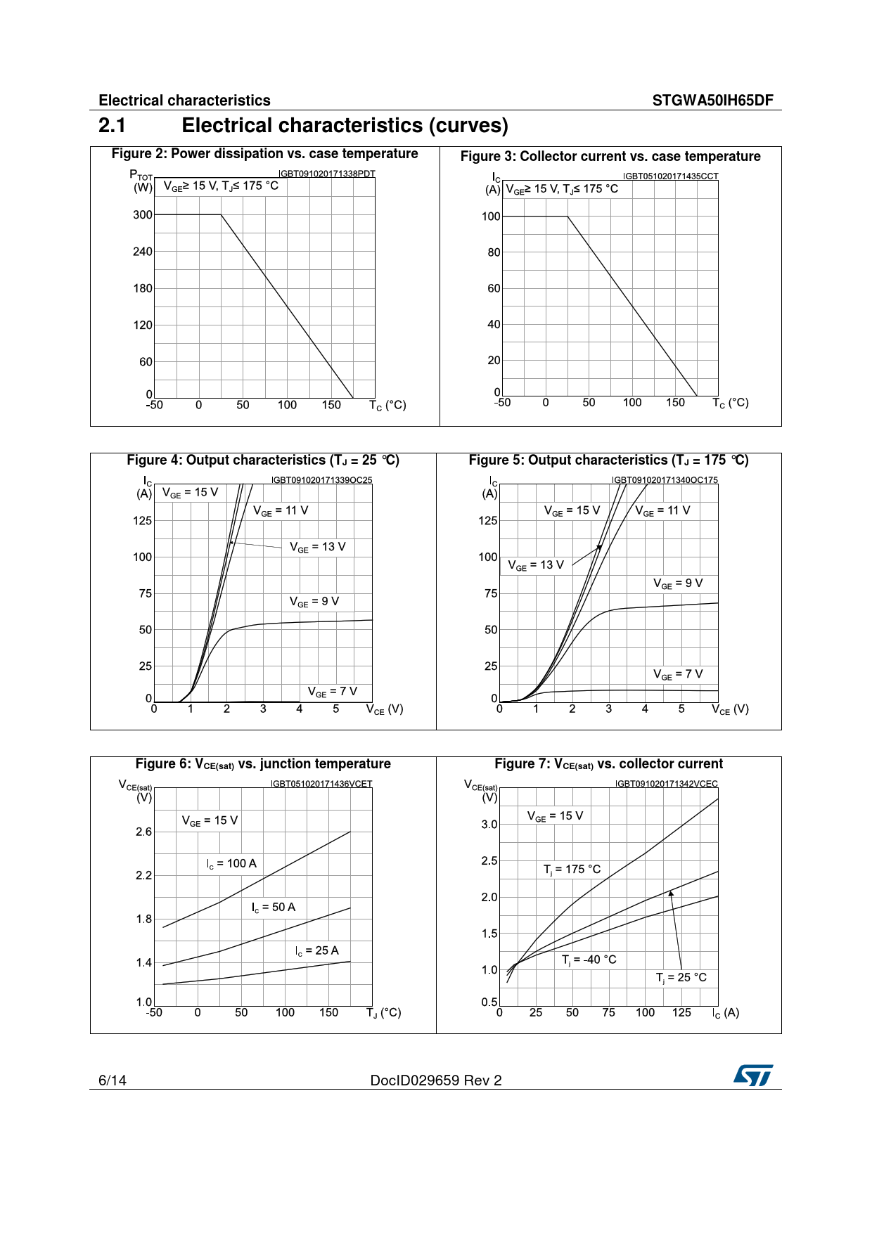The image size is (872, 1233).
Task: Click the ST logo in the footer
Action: coord(753,1075)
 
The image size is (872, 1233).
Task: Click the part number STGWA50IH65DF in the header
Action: coord(712,101)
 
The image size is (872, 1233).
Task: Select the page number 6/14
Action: coord(113,1080)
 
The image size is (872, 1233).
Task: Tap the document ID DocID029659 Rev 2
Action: coord(436,1080)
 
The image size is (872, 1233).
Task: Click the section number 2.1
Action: coord(113,126)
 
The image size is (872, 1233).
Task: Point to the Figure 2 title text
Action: coord(264,154)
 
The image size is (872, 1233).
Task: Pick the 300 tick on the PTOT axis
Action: coord(143,215)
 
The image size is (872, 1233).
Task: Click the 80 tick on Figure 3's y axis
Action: coord(494,252)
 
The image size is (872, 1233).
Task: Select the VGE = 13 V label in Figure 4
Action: coord(318,547)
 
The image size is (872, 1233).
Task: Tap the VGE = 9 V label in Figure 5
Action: coord(678,583)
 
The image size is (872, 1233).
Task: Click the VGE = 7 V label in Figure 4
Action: coord(333,692)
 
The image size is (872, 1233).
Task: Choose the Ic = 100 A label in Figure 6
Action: coord(231,864)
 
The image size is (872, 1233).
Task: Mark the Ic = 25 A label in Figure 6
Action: coord(316,951)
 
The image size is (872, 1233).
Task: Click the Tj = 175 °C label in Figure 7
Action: coord(572,870)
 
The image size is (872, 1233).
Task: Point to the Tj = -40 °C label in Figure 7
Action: coord(589,960)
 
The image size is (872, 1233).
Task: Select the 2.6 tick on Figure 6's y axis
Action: coord(143,832)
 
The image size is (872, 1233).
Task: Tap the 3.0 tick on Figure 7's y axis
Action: coord(489,825)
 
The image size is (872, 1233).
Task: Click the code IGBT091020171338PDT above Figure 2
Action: coord(327,174)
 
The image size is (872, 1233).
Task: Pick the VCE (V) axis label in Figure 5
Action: coord(730,710)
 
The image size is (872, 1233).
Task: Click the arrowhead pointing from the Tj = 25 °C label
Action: coord(671,893)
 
